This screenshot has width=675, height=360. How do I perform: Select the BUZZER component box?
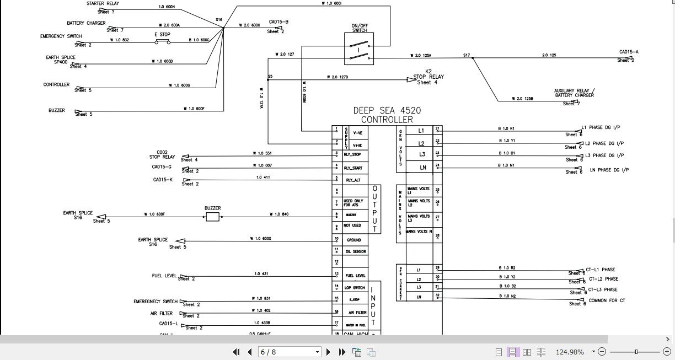tap(212, 217)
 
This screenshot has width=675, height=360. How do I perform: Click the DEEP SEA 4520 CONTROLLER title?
tap(387, 115)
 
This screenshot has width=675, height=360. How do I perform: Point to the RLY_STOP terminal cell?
tap(353, 154)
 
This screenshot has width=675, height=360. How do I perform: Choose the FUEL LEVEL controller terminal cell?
tap(355, 275)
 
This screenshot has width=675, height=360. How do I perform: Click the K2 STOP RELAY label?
tap(428, 77)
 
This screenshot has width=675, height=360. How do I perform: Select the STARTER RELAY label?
tap(103, 3)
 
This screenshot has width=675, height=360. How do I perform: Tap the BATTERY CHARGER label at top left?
tap(86, 24)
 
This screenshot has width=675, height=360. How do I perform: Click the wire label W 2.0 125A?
tap(421, 55)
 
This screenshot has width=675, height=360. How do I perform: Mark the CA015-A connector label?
tap(629, 52)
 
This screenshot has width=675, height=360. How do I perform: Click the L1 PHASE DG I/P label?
tap(601, 127)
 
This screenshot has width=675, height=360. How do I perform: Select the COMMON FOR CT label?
tap(607, 300)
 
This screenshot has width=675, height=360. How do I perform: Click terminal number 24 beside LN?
tap(437, 165)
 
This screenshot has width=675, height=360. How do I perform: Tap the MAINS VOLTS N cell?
tap(419, 232)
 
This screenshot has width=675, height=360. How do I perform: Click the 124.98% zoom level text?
tap(569, 352)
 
